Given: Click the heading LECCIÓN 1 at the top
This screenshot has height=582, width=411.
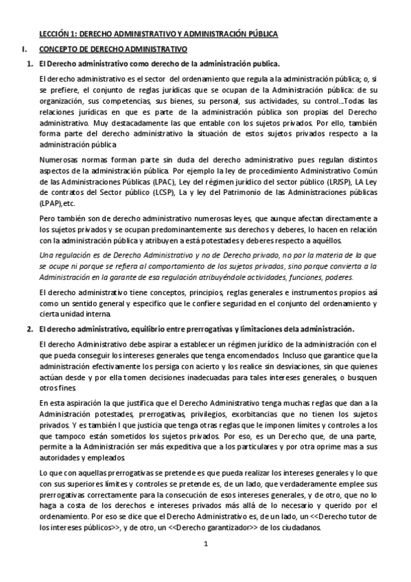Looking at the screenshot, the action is (x=56, y=33).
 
